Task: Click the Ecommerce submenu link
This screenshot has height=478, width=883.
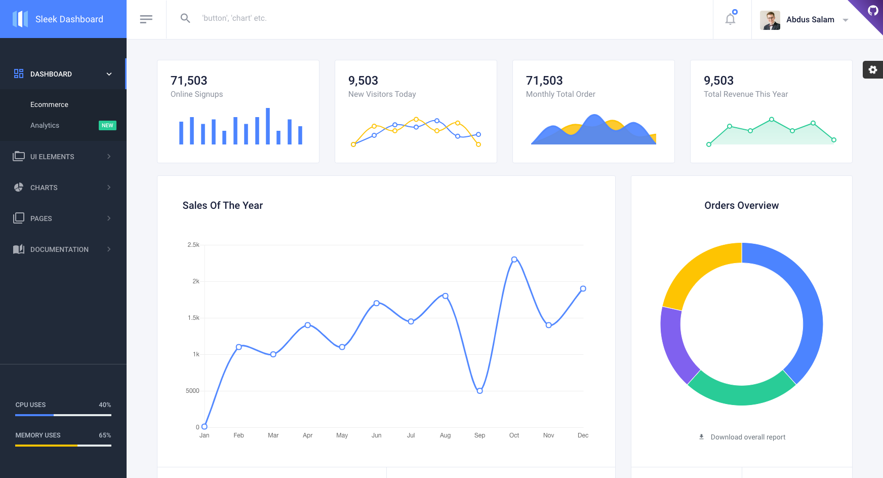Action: click(x=49, y=104)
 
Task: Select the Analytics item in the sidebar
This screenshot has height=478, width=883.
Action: click(x=45, y=125)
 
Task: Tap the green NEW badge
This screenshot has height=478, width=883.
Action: click(x=107, y=125)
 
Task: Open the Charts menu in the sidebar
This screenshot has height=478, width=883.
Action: click(x=44, y=188)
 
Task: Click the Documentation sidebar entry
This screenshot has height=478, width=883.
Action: click(x=59, y=249)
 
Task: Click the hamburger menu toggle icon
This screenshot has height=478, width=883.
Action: click(x=146, y=19)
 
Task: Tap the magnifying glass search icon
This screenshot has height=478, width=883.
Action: click(x=185, y=18)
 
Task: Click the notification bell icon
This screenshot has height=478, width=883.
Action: click(x=730, y=19)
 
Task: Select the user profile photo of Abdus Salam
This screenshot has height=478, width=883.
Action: click(x=770, y=20)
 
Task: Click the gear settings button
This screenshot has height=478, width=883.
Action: click(x=873, y=69)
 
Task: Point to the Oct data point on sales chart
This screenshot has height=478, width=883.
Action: click(x=514, y=260)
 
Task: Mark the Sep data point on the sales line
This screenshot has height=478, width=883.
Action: click(x=480, y=391)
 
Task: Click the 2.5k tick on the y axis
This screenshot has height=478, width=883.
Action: click(x=193, y=245)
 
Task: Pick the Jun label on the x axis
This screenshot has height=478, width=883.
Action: click(x=377, y=435)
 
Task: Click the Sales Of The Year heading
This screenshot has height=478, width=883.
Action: click(x=223, y=205)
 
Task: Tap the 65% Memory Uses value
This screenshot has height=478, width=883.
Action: click(x=105, y=435)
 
